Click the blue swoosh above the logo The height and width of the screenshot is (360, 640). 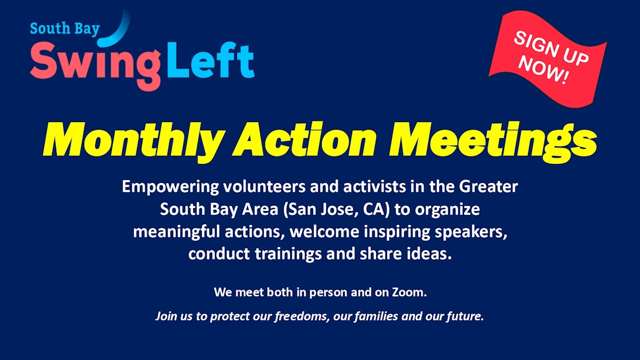pos(117,32)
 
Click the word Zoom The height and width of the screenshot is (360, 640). pos(412,292)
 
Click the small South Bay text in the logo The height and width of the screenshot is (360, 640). pos(65,29)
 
